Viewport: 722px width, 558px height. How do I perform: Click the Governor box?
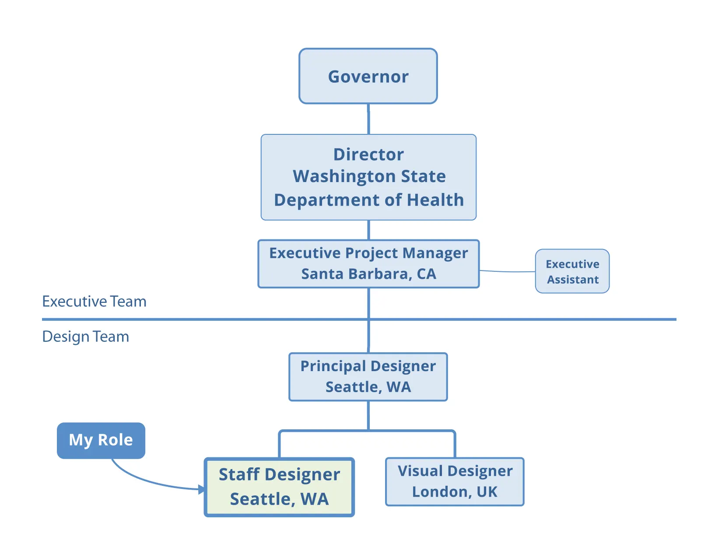tap(368, 76)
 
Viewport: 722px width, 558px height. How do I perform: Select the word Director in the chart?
tap(368, 154)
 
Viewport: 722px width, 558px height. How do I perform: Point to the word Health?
tap(435, 200)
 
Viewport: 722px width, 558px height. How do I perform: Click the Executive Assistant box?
tap(572, 271)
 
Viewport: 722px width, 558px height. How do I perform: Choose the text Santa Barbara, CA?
tap(368, 274)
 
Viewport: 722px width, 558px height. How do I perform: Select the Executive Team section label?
tap(94, 302)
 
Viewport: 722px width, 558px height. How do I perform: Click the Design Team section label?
tap(86, 337)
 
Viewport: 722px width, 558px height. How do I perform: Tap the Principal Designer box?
tap(368, 377)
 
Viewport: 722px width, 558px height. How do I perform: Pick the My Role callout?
tap(101, 440)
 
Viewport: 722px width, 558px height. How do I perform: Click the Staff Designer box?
tap(279, 487)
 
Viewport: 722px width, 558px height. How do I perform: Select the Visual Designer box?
tap(455, 481)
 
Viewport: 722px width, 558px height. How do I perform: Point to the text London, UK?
tap(455, 492)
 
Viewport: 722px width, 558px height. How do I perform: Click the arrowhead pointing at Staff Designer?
tap(201, 489)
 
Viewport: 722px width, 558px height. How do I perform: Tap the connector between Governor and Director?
tap(368, 119)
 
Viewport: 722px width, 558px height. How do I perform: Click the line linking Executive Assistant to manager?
tap(508, 272)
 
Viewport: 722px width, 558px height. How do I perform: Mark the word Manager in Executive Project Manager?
tap(435, 253)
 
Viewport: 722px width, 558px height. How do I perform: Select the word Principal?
tap(333, 366)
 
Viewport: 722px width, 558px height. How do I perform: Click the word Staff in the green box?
tap(239, 475)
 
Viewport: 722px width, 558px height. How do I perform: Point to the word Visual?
tap(420, 471)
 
